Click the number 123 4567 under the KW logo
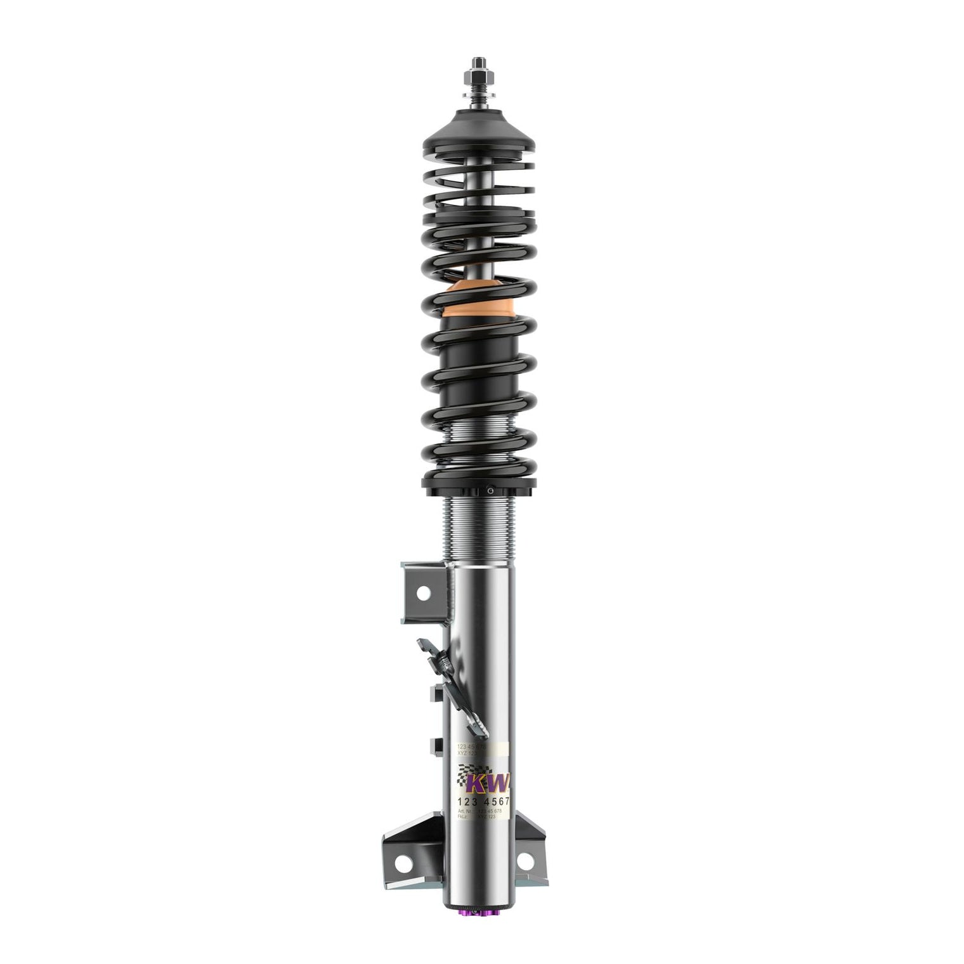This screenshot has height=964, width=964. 483,802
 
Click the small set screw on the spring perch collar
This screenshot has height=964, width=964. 490,490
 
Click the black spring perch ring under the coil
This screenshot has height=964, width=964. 479,488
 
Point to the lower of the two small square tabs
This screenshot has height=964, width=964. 436,744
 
